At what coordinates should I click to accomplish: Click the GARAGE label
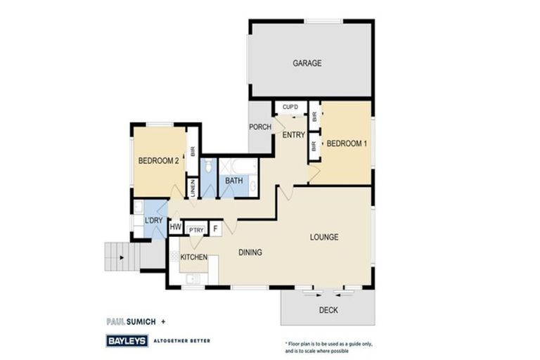tap(307, 63)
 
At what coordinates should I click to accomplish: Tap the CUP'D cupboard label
tap(290, 107)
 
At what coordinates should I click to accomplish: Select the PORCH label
tap(260, 127)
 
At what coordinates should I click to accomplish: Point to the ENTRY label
tap(293, 134)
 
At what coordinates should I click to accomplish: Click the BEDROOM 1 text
tap(347, 143)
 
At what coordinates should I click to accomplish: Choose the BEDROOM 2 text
tap(158, 160)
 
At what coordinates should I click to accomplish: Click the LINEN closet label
tap(191, 188)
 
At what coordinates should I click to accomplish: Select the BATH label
tap(234, 181)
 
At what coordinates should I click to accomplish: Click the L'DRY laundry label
tap(154, 221)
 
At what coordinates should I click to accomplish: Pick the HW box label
tap(175, 228)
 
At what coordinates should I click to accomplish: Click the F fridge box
tap(214, 228)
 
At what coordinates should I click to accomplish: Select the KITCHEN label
tap(193, 257)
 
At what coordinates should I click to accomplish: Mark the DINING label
tap(250, 252)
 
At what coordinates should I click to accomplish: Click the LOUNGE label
tap(324, 237)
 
